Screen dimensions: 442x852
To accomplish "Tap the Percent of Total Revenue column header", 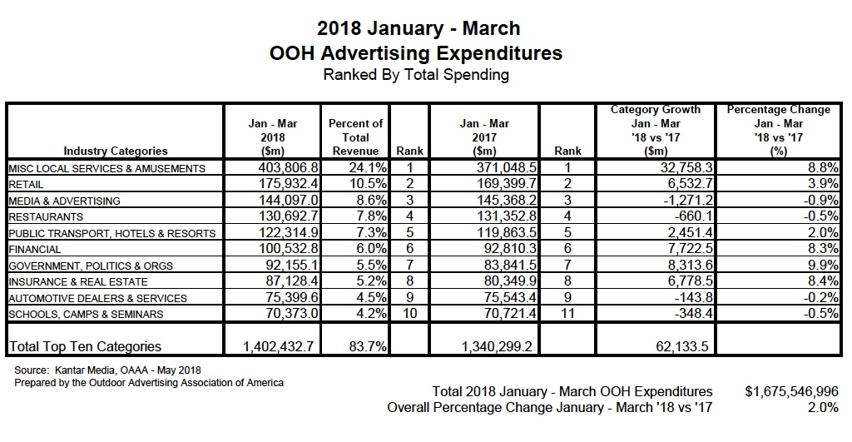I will coord(355,137).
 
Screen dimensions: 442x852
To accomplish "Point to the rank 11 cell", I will coord(567,314).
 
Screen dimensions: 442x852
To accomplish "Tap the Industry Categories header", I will coord(115,151).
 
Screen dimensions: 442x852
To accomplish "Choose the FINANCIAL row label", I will coord(34,249).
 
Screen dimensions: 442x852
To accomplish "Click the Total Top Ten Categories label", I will coord(84,346).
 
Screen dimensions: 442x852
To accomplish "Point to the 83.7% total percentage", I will coord(364,346).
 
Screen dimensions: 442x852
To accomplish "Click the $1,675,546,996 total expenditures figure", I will coord(791,391).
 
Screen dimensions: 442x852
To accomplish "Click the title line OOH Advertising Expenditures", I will coord(416,53).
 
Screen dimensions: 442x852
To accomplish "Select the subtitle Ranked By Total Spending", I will coord(416,75).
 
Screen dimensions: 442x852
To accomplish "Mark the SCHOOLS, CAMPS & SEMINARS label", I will coord(86,314).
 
